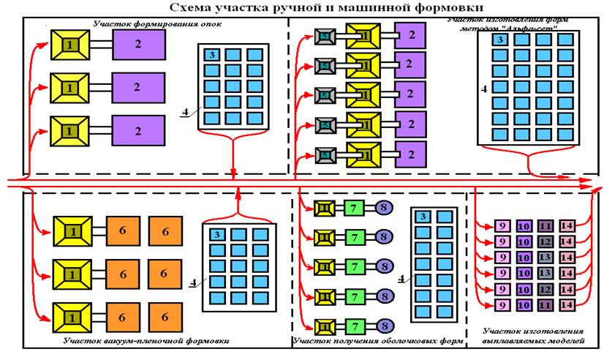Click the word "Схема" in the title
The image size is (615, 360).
pos(190,7)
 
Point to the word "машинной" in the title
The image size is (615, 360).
pos(363,7)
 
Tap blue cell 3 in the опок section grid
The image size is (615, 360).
pos(210,55)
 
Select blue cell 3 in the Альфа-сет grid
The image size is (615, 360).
pos(498,40)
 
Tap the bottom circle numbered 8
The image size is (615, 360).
pos(385,326)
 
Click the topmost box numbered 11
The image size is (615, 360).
pos(545,225)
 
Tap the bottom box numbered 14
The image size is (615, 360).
pos(567,304)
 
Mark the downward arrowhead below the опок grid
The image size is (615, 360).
pos(233,174)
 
